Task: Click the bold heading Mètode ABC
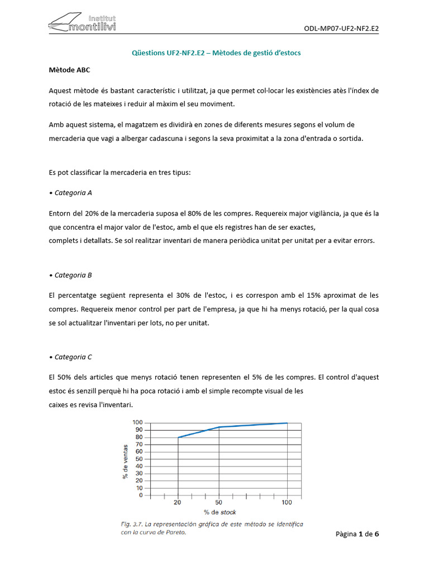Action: (69, 70)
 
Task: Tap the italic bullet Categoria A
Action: (70, 193)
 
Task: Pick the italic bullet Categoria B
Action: (70, 275)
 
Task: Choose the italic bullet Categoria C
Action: (70, 357)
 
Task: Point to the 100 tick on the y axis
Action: (137, 422)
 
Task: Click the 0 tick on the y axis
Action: (141, 495)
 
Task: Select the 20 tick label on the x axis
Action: (178, 503)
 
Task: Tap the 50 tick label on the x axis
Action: (218, 503)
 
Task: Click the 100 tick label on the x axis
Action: (287, 503)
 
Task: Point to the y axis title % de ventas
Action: (125, 461)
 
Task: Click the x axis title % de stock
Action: (220, 512)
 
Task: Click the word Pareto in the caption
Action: (174, 532)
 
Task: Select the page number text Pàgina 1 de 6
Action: (357, 534)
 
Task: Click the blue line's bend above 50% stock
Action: (219, 427)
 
